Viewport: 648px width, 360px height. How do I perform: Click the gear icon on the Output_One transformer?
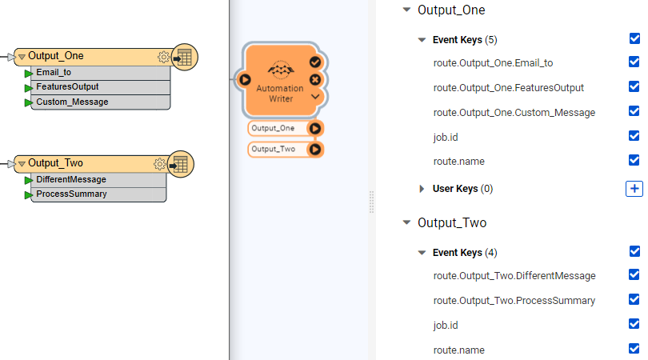[163, 57]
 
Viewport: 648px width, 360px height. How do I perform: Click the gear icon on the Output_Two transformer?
[159, 164]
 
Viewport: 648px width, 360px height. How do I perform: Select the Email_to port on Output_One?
[54, 72]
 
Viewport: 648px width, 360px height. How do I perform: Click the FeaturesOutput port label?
[67, 86]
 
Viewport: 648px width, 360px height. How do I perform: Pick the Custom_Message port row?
[72, 102]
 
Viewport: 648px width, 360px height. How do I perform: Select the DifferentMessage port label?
[70, 179]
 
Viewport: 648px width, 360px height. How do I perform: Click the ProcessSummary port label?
[71, 194]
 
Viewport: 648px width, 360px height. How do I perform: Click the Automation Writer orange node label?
[280, 94]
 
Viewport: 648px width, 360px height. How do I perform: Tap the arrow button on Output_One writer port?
[315, 128]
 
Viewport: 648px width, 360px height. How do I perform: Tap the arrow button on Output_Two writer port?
[315, 149]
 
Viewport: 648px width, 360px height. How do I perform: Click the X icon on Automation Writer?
[315, 79]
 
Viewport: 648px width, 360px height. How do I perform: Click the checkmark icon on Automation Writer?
[315, 62]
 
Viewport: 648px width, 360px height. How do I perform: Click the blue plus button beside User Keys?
[634, 189]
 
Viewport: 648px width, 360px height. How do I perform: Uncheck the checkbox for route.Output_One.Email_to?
[634, 62]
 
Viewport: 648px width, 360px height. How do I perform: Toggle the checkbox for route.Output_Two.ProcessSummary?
[634, 300]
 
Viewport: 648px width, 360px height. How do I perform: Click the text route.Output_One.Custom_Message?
[514, 113]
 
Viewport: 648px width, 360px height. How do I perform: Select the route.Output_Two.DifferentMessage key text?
[514, 276]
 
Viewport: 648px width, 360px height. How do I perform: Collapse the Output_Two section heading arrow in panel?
[406, 223]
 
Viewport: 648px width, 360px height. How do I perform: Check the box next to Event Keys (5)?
[634, 38]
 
